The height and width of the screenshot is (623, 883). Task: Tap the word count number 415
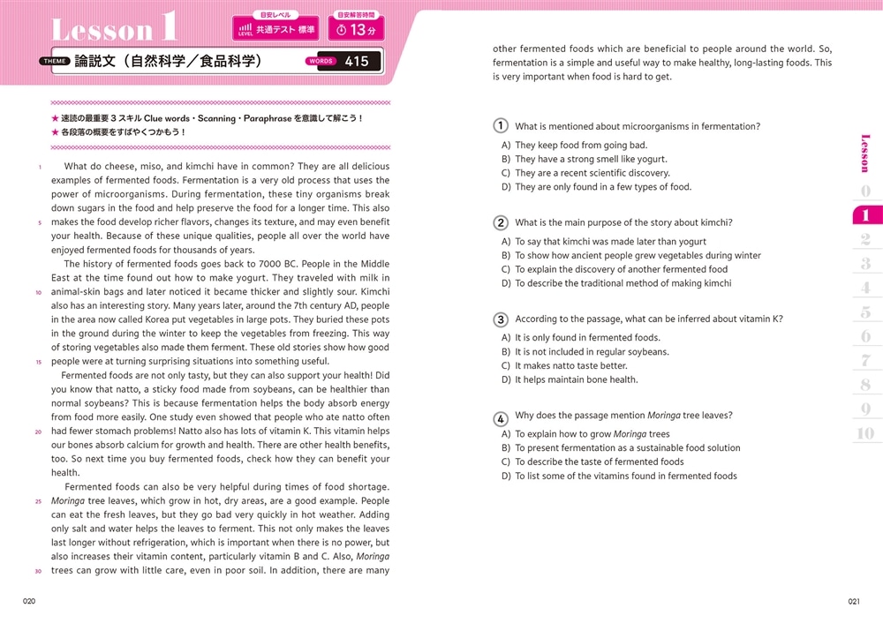[357, 61]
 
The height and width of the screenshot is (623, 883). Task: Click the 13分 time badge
[357, 30]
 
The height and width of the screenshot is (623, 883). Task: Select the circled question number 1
[501, 126]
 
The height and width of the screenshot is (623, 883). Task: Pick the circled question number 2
[501, 223]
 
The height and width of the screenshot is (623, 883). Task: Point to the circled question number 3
[501, 319]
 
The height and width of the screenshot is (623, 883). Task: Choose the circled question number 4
[501, 417]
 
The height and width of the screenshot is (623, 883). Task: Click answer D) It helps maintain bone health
[570, 380]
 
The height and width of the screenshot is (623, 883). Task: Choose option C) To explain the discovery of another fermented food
[615, 270]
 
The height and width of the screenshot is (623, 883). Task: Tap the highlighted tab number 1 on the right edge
[865, 215]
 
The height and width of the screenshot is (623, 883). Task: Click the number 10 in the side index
[865, 432]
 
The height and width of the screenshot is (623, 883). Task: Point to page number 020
[29, 601]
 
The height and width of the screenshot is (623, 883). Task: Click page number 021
[853, 601]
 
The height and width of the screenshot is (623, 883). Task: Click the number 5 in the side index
[865, 312]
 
